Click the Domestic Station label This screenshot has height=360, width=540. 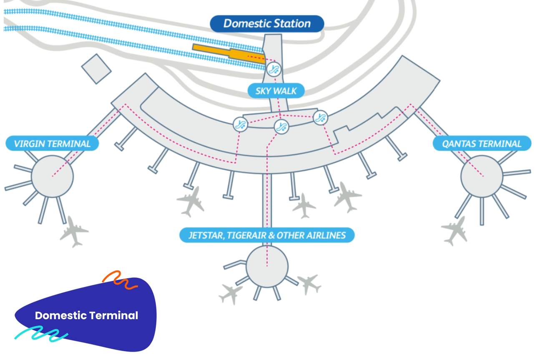pos(267,23)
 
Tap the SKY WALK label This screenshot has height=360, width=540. pos(276,91)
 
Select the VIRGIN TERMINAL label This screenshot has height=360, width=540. pos(52,144)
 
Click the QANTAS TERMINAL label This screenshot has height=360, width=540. pos(482,144)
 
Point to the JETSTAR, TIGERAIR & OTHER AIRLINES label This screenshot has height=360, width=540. pos(267,235)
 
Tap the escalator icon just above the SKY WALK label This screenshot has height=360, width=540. pos(274,70)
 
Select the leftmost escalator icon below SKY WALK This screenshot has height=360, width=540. pos(240,124)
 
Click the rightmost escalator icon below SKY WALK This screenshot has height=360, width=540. pos(320,118)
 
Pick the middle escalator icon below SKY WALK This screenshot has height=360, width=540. pos(281,126)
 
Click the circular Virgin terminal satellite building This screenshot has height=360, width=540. pos(53,176)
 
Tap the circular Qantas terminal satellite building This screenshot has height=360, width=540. pos(482,176)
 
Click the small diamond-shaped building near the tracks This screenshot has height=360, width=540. pos(96,69)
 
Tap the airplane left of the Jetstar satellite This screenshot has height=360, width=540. pos(231,293)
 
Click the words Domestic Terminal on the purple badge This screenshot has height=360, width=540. pos(86,315)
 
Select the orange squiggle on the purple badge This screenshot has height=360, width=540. pos(120,280)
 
